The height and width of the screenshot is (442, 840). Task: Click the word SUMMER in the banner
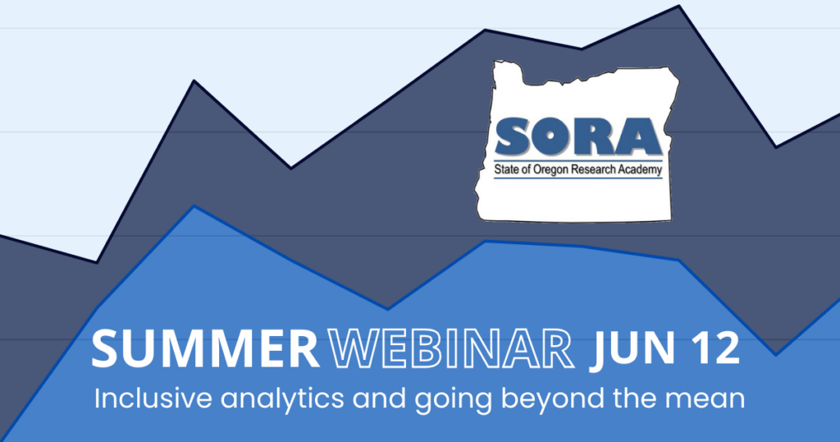point(205,348)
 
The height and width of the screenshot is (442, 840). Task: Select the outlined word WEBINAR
point(451,348)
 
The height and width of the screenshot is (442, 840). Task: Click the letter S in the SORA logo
point(514,136)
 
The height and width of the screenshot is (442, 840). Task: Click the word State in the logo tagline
point(506,169)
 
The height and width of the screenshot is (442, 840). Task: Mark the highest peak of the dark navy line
point(679,6)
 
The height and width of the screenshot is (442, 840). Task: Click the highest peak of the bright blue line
point(194,206)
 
